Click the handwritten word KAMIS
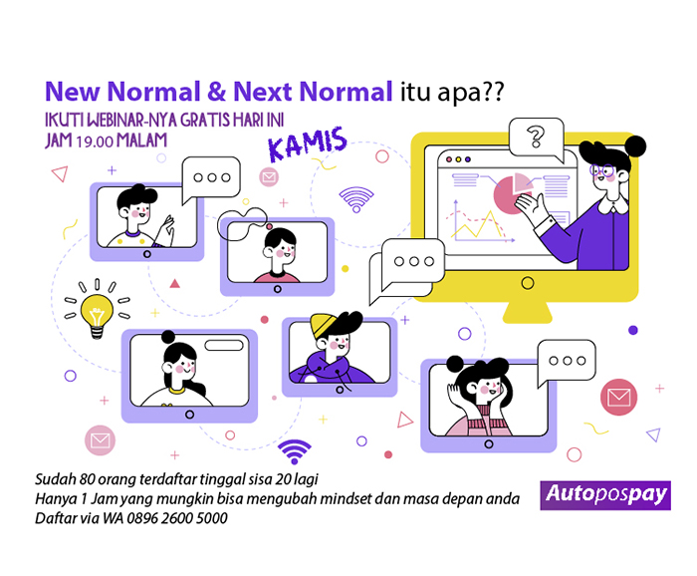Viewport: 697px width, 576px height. point(307,144)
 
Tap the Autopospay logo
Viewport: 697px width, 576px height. point(605,495)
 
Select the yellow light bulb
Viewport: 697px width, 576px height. point(97,315)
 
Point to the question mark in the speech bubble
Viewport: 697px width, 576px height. point(536,137)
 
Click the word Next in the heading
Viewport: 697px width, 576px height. point(262,92)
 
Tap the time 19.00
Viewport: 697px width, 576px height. point(95,142)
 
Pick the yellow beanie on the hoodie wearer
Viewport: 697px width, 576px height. point(325,325)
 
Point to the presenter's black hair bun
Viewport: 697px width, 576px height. point(635,145)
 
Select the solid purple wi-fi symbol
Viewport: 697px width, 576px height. point(295,451)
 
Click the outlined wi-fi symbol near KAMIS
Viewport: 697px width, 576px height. point(356,199)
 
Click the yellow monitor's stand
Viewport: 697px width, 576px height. point(527,312)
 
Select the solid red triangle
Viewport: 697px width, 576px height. point(174,283)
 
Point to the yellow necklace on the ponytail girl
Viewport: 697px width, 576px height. point(176,391)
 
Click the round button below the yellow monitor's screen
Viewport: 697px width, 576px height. point(528,283)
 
